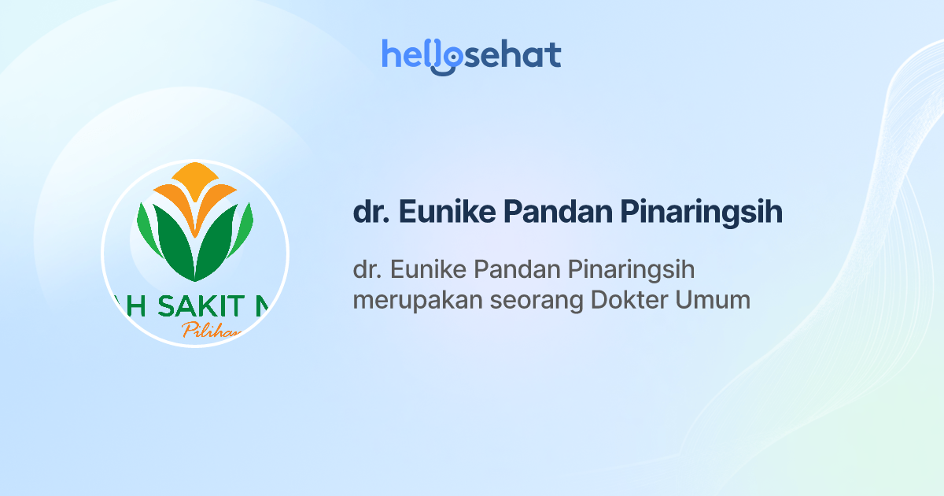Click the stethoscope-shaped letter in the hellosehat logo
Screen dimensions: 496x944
(x=446, y=58)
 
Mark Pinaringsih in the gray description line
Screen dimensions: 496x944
(x=630, y=271)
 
